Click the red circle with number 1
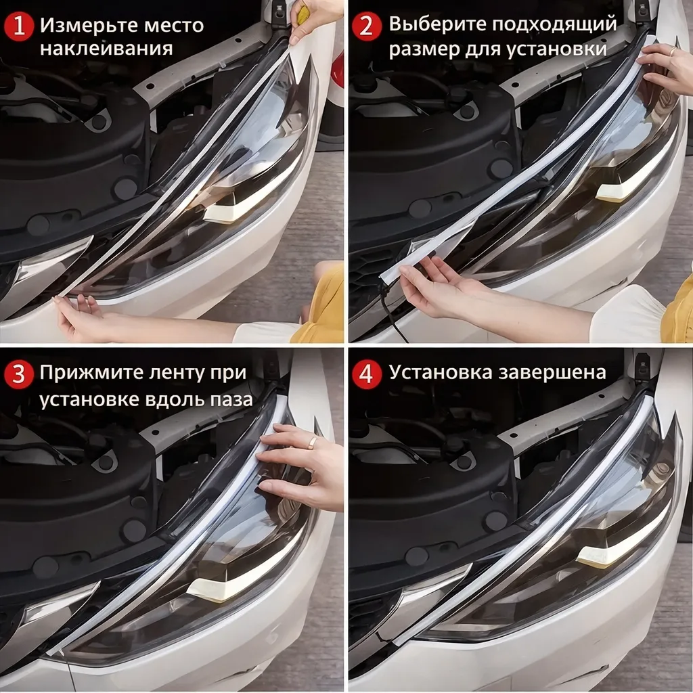(x=20, y=27)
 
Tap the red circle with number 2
(x=367, y=27)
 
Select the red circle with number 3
(x=20, y=375)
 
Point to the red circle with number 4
(x=367, y=375)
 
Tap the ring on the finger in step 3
(x=313, y=442)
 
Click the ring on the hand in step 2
(x=671, y=51)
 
